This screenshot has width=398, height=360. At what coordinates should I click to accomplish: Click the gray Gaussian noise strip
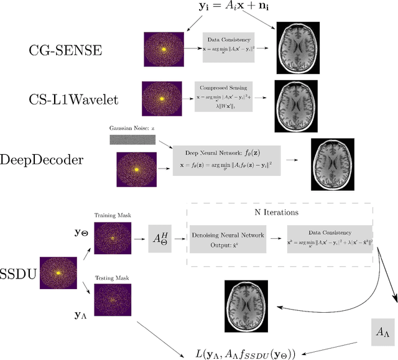(x=132, y=140)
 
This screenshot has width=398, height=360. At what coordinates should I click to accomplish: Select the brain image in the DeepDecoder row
(x=335, y=164)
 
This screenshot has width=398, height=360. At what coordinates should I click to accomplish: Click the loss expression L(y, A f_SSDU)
(x=254, y=353)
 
